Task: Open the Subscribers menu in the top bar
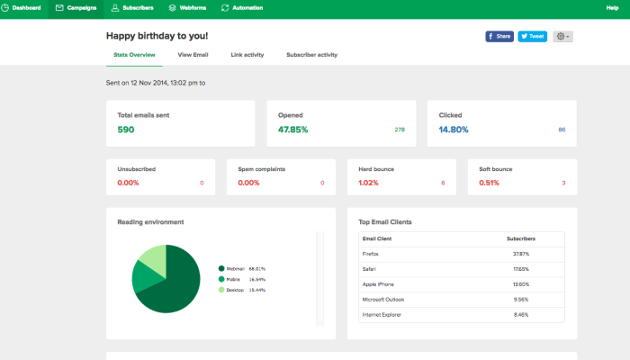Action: point(131,8)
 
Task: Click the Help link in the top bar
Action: point(612,8)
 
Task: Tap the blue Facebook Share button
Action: point(499,37)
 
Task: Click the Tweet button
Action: point(532,37)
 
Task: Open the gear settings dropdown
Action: point(562,37)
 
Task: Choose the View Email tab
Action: point(193,55)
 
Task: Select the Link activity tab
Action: point(247,55)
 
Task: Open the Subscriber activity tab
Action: point(311,55)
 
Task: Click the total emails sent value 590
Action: point(126,130)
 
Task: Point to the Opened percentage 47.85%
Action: point(292,130)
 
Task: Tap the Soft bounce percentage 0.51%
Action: point(489,183)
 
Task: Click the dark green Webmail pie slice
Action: point(175,288)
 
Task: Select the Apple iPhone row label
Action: point(378,284)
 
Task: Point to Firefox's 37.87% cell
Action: point(520,255)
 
